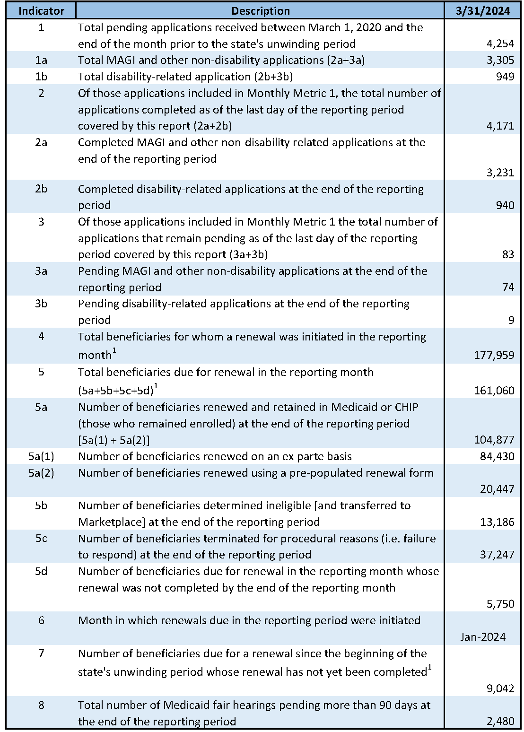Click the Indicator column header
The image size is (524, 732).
[41, 11]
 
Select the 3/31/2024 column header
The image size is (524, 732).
[483, 11]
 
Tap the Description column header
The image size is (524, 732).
[261, 11]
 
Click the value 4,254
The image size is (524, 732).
[500, 44]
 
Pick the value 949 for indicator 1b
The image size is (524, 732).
[505, 77]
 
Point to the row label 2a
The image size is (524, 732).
[41, 142]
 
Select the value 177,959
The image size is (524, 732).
[494, 355]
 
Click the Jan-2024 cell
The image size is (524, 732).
[483, 637]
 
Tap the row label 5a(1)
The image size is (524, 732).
[41, 456]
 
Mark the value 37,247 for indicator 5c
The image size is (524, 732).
[497, 555]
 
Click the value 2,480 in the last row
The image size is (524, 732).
[500, 721]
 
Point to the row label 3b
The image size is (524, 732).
[41, 304]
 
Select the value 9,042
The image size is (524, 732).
[500, 688]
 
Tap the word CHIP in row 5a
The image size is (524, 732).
[406, 407]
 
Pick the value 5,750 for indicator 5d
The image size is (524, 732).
[500, 604]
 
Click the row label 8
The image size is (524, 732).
[41, 705]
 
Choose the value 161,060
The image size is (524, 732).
[494, 391]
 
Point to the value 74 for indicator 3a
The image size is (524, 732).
[508, 288]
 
